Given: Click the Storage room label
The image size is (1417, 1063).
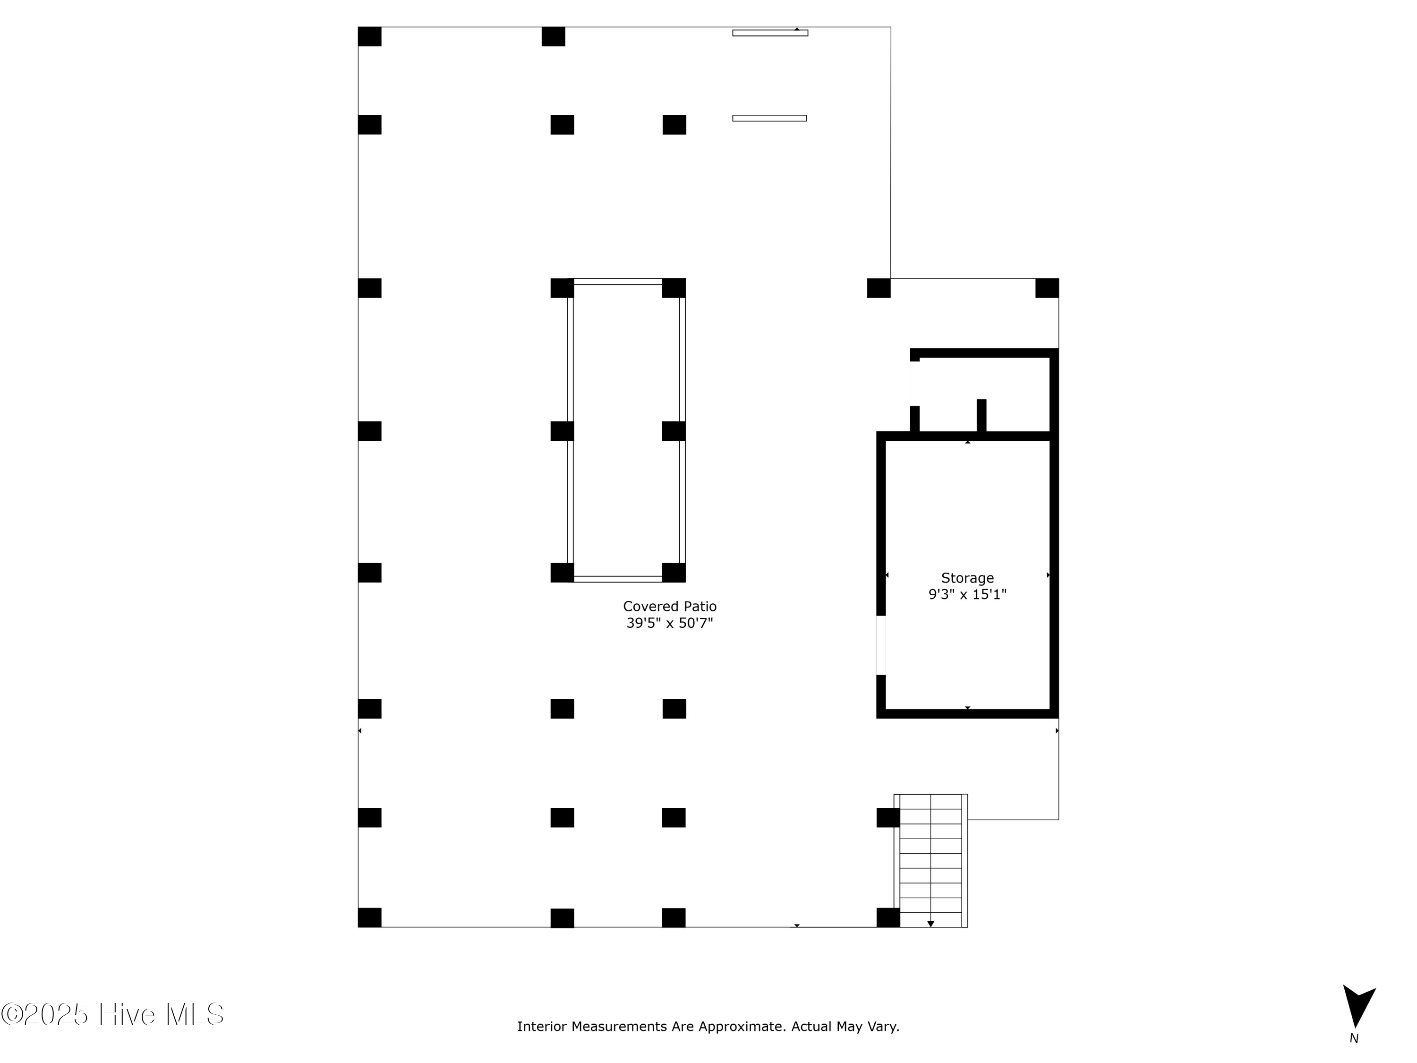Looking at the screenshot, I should point(967,578).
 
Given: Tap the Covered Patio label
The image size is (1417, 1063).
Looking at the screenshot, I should point(669,606).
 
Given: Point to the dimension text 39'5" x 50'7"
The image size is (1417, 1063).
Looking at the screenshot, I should point(669,623).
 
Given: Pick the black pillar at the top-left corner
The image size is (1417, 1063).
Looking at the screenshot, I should point(370,36).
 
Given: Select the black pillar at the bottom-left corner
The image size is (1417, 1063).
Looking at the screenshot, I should point(370,917).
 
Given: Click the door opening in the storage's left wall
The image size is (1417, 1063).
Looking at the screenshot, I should point(881,645).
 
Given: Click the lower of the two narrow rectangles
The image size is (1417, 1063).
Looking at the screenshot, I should point(769,118).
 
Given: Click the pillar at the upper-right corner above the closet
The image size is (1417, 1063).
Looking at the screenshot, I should point(1047,288).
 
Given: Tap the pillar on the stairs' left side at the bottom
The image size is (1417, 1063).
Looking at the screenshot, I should point(888,917).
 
